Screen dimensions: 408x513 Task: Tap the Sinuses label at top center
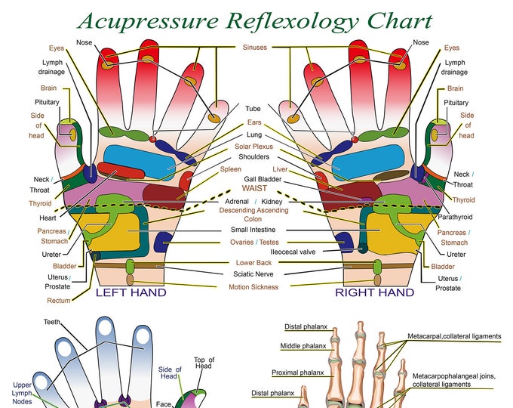coord(254,48)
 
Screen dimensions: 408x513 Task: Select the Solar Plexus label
coord(253,146)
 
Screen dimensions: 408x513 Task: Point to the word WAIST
coord(254,188)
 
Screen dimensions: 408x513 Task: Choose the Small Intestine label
coord(253,230)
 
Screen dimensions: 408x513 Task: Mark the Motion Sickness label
coord(253,287)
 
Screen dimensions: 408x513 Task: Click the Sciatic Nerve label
coord(253,274)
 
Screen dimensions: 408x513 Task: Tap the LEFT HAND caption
coord(131,292)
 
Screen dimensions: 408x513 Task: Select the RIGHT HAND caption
coord(374,292)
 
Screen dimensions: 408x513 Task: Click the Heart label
coord(48,218)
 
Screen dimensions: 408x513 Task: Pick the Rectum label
coord(59,300)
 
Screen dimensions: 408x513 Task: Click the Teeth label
coord(52,322)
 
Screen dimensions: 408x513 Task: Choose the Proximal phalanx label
coord(297,372)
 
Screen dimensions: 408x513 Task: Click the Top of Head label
coord(204,364)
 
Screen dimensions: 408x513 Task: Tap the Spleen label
coord(231,169)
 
